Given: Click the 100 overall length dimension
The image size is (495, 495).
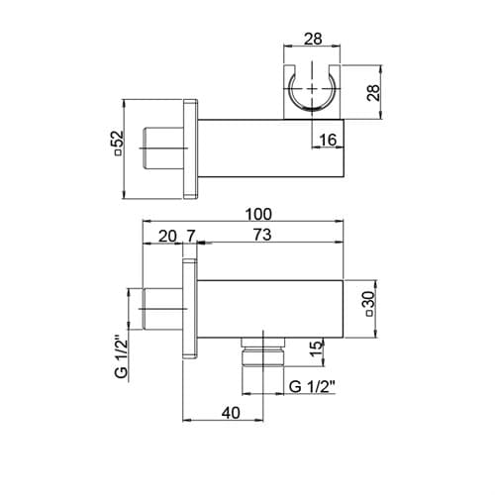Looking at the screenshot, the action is click(258, 214).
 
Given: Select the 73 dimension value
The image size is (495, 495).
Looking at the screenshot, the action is click(262, 235).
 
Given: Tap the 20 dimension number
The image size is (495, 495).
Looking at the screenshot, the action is click(167, 237).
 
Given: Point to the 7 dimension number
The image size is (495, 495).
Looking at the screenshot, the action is click(191, 237).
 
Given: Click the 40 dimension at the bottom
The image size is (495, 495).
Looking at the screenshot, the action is click(231, 413).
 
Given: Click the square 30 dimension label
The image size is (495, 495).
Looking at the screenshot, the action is click(369, 304).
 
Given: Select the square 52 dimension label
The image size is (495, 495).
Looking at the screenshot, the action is click(117, 143).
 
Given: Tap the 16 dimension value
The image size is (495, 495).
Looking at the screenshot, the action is click(328, 140).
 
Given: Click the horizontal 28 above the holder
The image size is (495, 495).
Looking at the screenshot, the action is click(313, 39).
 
